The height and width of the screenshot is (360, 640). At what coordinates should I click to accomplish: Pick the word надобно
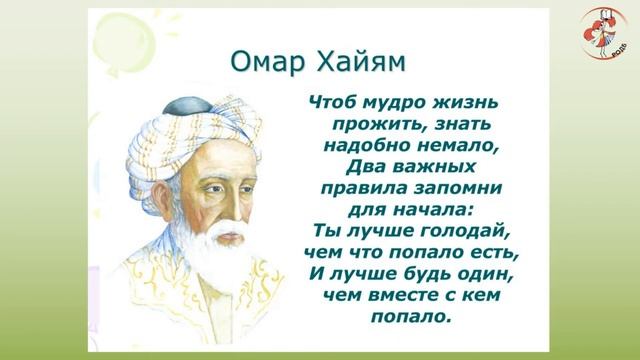pos(359,145)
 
